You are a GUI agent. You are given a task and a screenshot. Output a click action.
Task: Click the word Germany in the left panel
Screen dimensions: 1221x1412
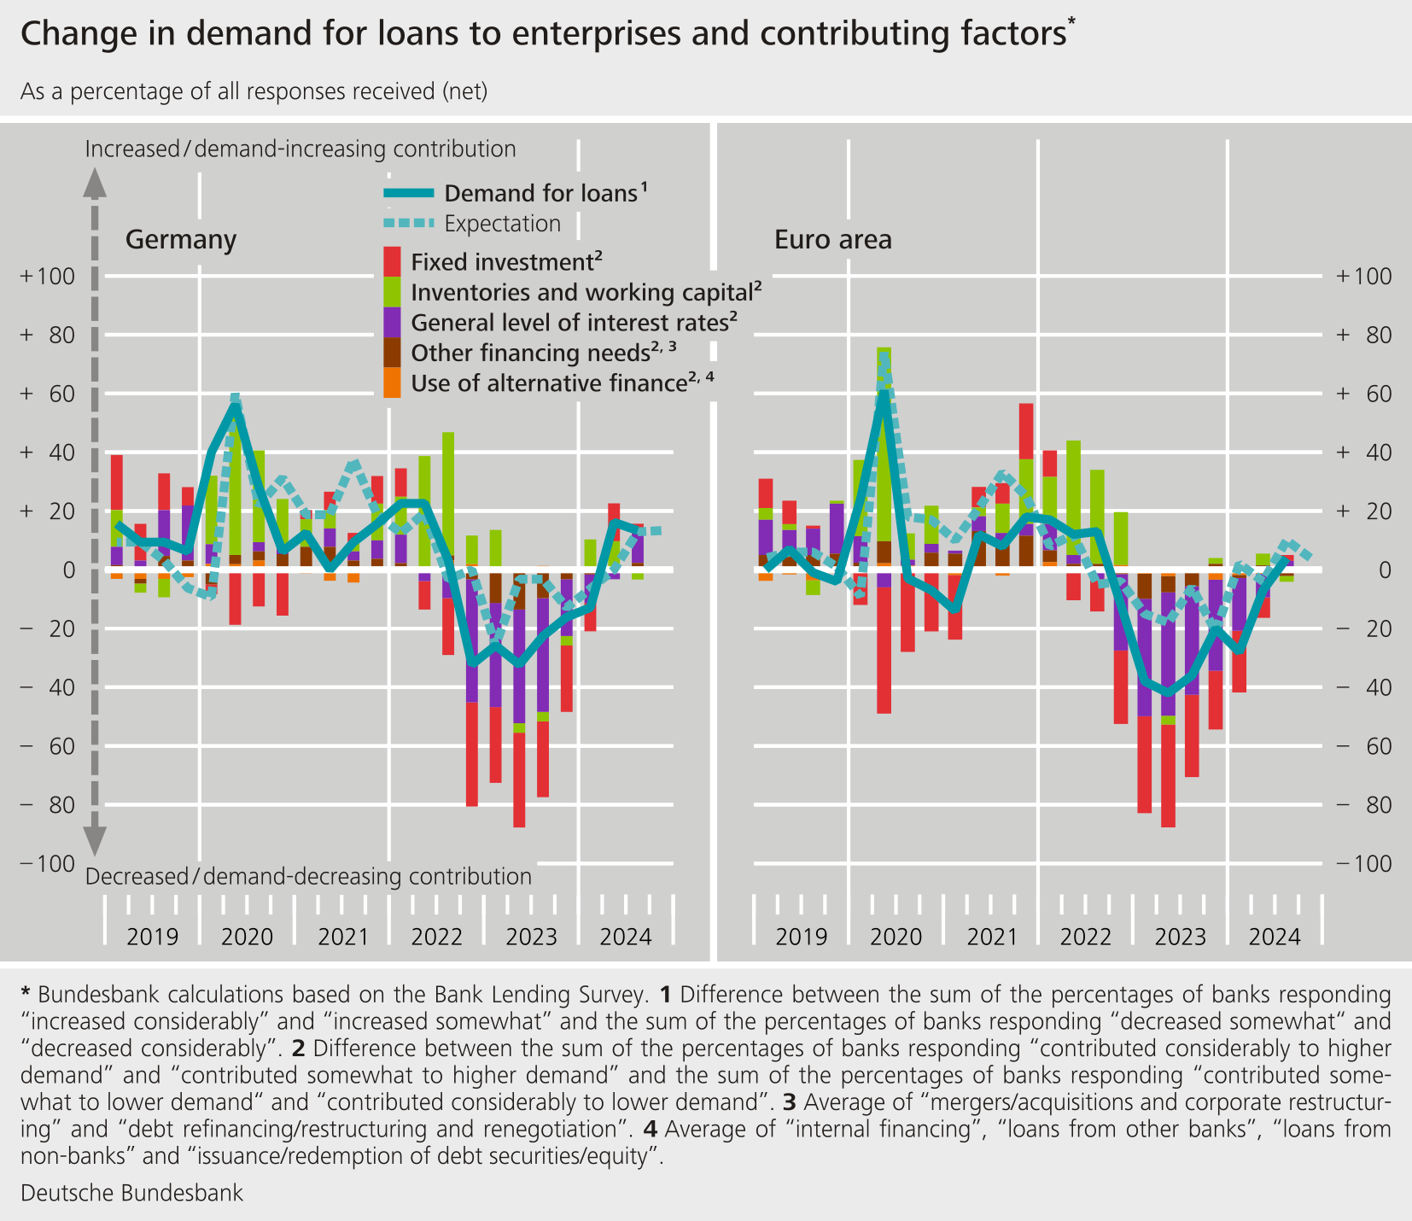click(x=180, y=240)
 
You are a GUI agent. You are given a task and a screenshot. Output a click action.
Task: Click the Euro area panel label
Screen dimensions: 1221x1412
click(x=832, y=240)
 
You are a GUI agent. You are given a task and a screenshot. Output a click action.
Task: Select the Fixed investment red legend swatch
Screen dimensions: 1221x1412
click(x=392, y=260)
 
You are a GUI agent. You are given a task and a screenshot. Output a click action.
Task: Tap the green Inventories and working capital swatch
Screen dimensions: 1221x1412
click(x=392, y=292)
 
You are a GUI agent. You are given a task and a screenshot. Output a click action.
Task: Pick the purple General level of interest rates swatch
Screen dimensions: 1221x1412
click(x=392, y=322)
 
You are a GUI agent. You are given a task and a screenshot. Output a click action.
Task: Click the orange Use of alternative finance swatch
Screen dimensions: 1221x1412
click(x=392, y=383)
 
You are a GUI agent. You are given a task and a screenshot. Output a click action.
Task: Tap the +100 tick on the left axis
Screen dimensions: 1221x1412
click(x=49, y=277)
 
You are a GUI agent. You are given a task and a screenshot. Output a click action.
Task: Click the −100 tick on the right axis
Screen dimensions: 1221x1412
click(x=1363, y=863)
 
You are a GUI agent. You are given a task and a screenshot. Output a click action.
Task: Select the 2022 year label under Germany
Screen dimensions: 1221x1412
click(x=436, y=937)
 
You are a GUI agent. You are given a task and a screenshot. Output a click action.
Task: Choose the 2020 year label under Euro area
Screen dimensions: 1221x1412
click(x=896, y=937)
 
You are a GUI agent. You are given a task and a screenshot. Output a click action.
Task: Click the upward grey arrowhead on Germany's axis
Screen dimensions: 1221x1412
click(x=95, y=181)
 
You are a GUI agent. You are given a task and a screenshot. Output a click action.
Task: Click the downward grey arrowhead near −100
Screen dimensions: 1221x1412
click(x=95, y=840)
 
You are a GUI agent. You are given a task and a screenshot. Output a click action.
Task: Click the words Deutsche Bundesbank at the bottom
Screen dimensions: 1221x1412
click(x=131, y=1193)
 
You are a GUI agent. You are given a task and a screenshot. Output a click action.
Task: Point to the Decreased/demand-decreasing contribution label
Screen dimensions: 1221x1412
click(x=308, y=877)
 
